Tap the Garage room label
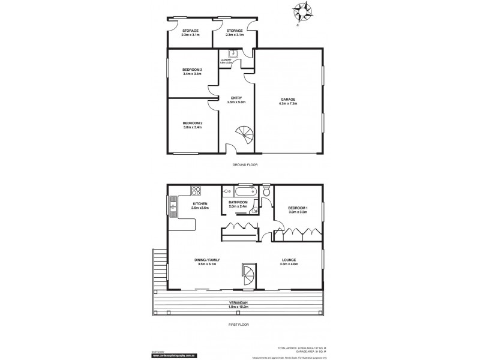coord(289,102)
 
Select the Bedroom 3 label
coord(192,72)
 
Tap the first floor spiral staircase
coord(248,278)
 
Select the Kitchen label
coord(200,206)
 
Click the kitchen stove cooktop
coord(196,191)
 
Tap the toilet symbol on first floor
coord(266,192)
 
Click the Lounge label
coord(289,262)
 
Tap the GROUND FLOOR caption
coord(245,164)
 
